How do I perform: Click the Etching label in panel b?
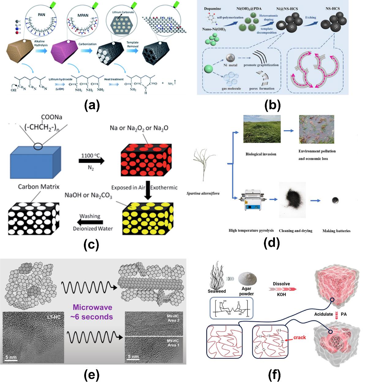(310, 17)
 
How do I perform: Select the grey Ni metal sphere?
(230, 58)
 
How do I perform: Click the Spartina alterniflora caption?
(203, 193)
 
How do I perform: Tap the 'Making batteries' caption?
(336, 231)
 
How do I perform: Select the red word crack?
(299, 337)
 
